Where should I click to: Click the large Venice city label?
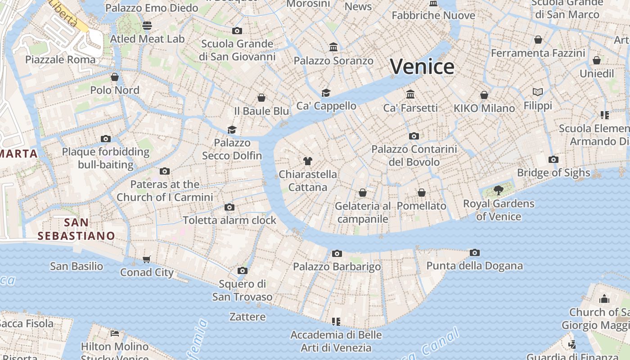point(422,67)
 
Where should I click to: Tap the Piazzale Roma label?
point(60,59)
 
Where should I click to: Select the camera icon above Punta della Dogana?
point(474,253)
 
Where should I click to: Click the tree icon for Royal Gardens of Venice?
point(498,190)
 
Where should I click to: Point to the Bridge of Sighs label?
point(553,173)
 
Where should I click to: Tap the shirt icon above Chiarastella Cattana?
point(308,161)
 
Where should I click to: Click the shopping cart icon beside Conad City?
point(146,259)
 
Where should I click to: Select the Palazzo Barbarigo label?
point(337,267)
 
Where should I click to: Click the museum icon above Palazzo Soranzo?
point(333,47)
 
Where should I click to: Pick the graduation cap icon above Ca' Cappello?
point(326,93)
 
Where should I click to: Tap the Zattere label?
point(247,317)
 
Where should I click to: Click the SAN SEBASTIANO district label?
point(76,229)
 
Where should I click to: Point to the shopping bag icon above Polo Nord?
point(115,77)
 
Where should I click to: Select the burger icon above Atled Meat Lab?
point(147,26)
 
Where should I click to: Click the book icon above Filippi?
point(538,92)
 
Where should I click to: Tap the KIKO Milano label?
point(484,108)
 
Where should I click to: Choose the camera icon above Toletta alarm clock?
point(229,207)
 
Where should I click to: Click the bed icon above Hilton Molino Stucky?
point(115,333)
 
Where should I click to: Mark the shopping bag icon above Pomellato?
point(422,193)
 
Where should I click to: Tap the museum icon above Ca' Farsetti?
point(410,94)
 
